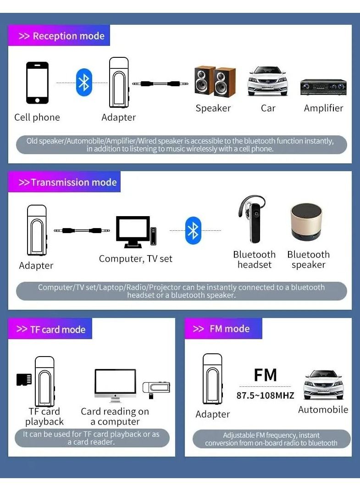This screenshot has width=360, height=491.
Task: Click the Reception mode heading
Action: [61, 36]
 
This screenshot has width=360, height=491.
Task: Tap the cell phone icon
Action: [37, 83]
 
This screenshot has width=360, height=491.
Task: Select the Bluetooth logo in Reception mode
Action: [84, 83]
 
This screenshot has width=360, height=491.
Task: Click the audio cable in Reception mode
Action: [156, 84]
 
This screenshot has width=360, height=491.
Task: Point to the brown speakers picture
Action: [215, 82]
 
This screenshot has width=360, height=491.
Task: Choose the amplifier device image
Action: [323, 87]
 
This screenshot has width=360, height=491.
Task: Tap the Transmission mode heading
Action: [67, 183]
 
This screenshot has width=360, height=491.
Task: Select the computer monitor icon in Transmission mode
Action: [133, 232]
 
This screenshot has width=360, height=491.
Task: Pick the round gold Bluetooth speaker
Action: [307, 222]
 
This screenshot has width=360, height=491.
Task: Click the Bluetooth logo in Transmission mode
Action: [193, 230]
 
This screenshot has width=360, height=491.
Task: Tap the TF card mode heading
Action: [51, 329]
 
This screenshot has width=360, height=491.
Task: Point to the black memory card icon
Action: [24, 379]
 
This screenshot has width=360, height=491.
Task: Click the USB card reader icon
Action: [156, 388]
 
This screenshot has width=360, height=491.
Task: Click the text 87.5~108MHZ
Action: [266, 395]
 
